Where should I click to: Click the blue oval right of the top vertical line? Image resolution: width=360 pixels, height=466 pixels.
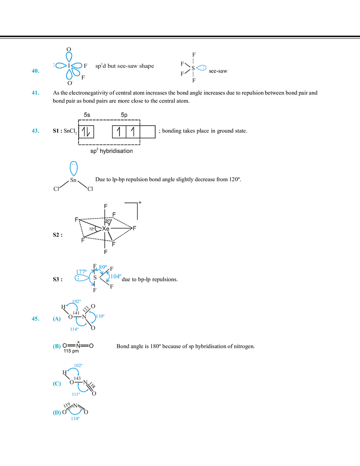point(202,68)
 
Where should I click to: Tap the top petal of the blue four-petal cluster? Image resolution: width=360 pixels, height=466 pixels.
point(70,56)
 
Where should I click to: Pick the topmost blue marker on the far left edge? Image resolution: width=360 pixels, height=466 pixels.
point(36,71)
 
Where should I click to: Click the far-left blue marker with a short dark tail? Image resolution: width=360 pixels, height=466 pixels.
point(35,93)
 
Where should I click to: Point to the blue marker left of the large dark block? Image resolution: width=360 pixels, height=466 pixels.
point(36,131)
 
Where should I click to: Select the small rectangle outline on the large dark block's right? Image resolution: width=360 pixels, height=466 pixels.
point(151,131)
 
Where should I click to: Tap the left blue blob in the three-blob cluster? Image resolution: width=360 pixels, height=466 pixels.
point(79,275)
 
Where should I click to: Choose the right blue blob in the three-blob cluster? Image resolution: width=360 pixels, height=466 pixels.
point(115,276)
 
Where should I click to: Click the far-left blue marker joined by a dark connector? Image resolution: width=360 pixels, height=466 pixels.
point(35,318)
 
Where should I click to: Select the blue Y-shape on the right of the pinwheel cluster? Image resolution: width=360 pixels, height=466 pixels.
point(98,316)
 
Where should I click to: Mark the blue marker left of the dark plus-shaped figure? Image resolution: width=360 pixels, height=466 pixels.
point(56,347)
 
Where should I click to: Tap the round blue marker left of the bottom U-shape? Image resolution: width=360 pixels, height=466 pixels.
point(55,414)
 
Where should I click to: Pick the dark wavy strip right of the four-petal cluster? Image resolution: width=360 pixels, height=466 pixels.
point(125,65)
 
